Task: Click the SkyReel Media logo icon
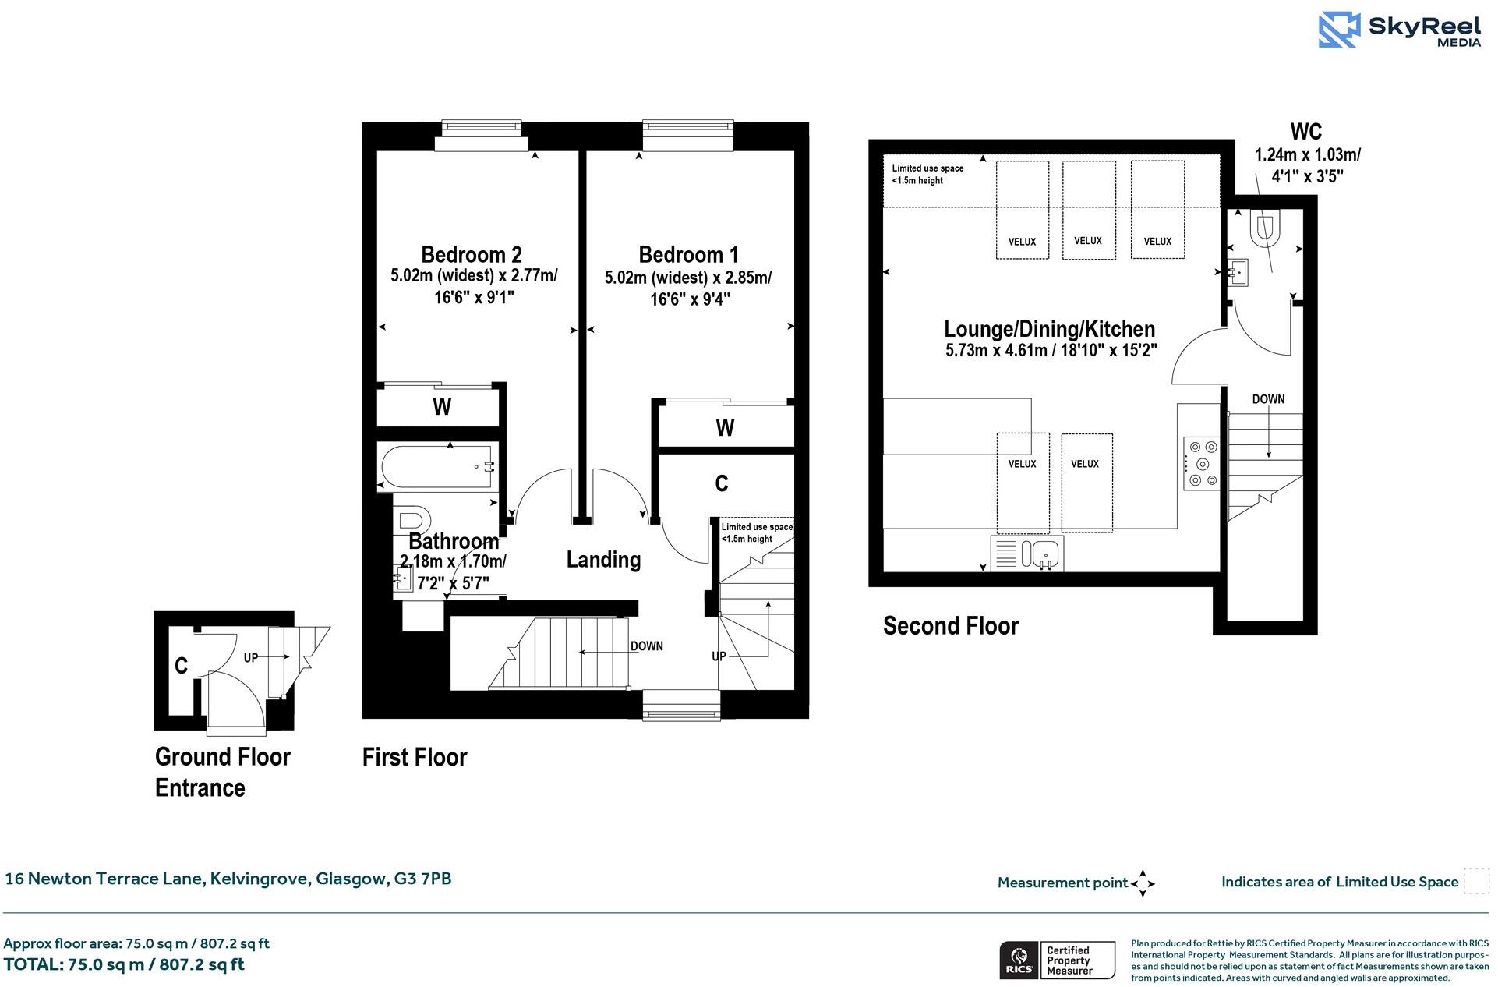pos(1338,30)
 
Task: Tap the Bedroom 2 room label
pos(471,254)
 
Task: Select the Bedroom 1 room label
pos(688,254)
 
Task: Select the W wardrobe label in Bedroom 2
pos(441,407)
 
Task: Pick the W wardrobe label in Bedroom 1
pos(725,427)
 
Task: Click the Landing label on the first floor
pos(603,559)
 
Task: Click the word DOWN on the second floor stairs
pos(1268,398)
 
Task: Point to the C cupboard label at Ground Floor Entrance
pos(181,665)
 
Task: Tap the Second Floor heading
pos(950,625)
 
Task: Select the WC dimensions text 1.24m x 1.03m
pos(1307,154)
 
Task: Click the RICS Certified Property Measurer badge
pos(1057,960)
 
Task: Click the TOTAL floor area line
pos(124,964)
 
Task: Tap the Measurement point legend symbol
pos(1142,883)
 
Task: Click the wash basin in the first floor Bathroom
pos(403,578)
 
